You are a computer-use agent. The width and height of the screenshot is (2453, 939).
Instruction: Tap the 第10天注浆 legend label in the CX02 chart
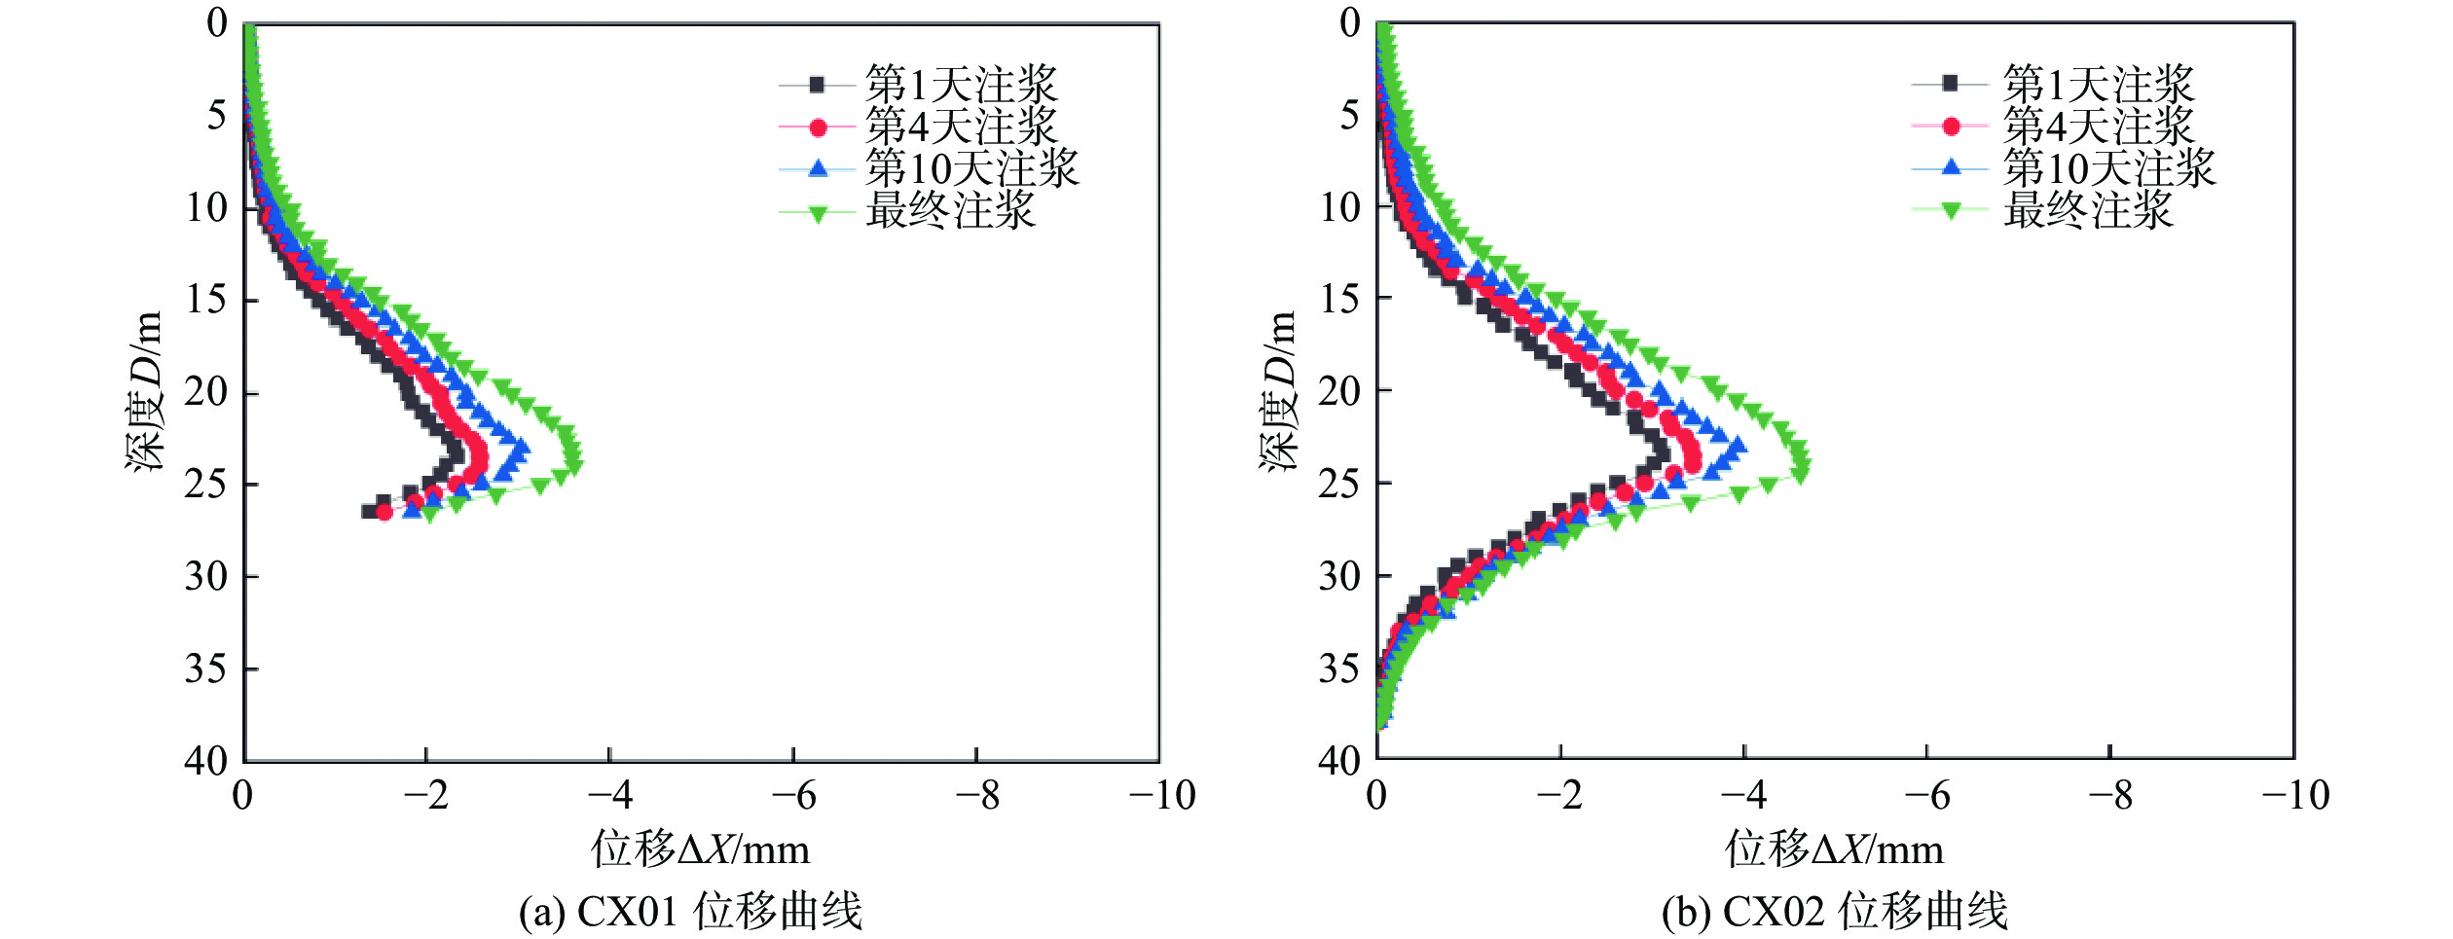pos(2108,168)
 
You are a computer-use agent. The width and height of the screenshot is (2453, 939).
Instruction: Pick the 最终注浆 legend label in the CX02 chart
pos(2087,210)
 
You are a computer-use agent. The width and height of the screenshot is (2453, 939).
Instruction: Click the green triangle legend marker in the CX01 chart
pos(818,213)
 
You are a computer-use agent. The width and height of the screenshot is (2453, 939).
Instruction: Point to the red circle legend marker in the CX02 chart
pos(1951,126)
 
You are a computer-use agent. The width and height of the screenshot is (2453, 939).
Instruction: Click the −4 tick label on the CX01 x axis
pos(610,796)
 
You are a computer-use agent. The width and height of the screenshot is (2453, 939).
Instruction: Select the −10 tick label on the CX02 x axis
pos(2294,796)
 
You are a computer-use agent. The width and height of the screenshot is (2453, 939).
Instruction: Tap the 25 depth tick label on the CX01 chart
pos(206,484)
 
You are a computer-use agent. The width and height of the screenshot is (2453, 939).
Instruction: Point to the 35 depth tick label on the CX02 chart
pos(1339,668)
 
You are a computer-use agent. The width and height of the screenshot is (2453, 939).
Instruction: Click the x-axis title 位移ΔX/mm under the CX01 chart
pos(700,849)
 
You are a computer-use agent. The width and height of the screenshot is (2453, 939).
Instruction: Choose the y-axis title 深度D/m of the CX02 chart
pos(1278,391)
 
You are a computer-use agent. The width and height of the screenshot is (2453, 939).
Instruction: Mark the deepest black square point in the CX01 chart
pos(369,511)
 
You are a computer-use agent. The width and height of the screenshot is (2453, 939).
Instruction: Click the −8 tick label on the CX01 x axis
pos(977,796)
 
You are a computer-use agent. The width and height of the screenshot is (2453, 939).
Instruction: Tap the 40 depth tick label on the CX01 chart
pos(206,760)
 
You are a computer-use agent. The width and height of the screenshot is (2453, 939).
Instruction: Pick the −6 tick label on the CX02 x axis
pos(1927,796)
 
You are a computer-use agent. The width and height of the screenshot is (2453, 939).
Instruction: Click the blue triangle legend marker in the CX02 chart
pos(1951,167)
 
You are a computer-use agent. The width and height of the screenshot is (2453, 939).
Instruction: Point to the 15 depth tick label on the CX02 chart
pos(1339,299)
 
